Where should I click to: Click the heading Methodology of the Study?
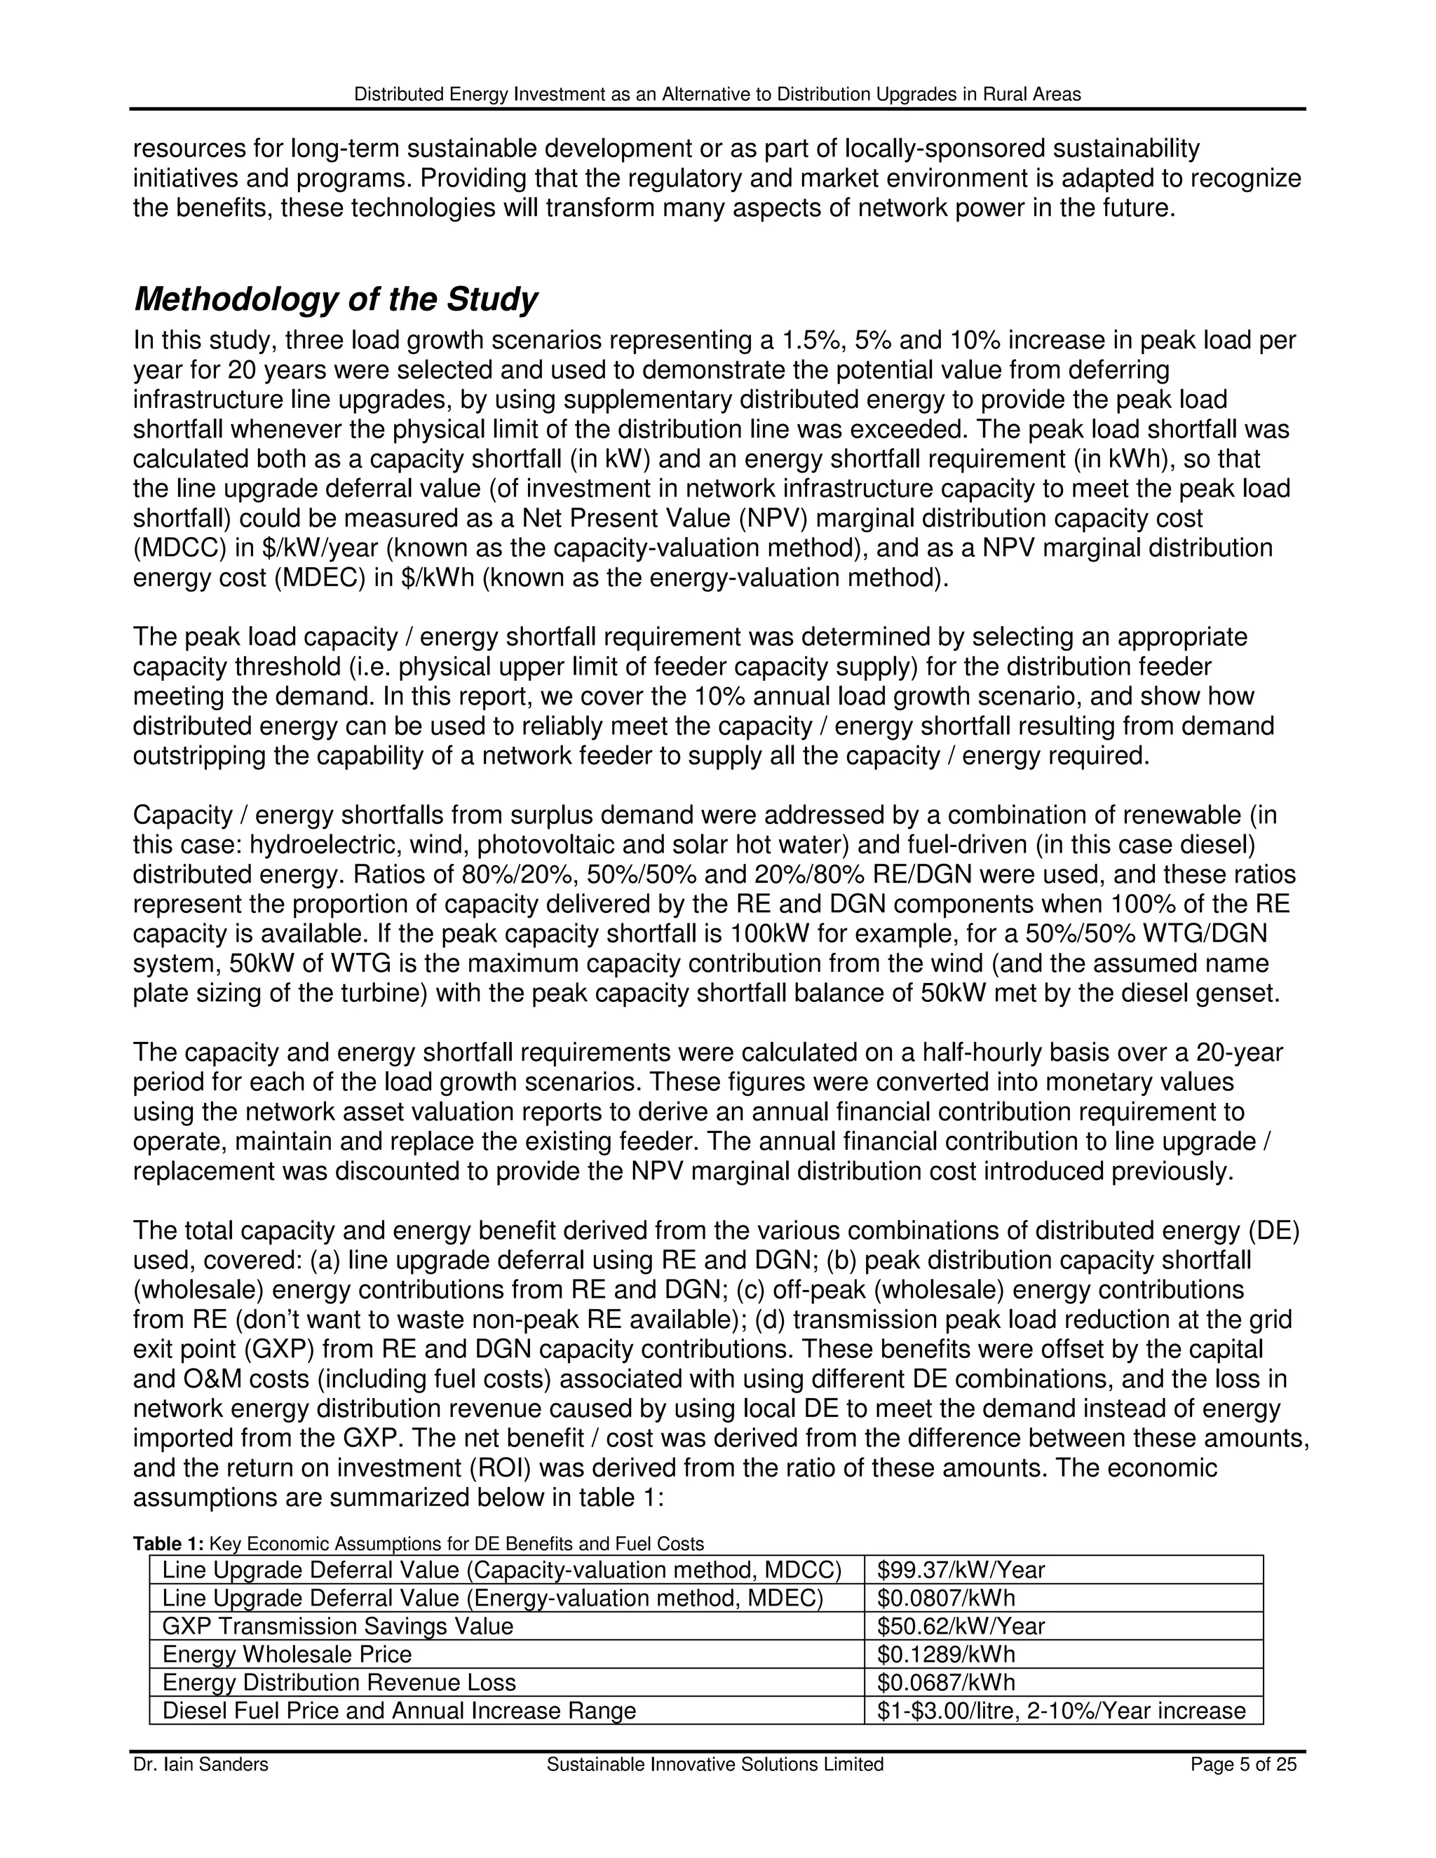point(335,299)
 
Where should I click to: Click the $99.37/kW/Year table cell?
point(961,1571)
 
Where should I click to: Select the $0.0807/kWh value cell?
point(946,1599)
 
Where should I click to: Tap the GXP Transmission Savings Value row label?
point(338,1627)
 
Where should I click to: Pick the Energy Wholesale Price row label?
point(287,1655)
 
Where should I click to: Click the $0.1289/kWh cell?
point(946,1655)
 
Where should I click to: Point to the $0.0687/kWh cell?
point(946,1683)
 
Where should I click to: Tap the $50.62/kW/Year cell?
point(961,1627)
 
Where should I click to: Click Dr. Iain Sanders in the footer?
point(200,1765)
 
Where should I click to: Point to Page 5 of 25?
point(1243,1765)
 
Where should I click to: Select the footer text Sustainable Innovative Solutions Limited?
point(714,1765)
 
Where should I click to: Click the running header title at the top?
point(717,95)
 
